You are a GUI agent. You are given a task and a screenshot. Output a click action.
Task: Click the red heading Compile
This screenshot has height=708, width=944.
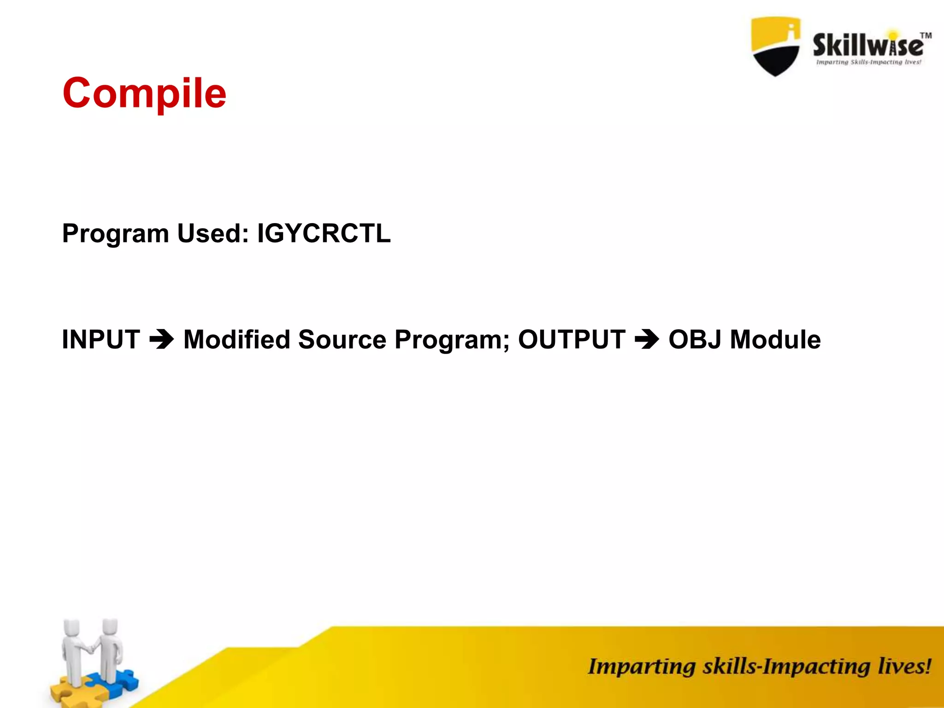coord(144,93)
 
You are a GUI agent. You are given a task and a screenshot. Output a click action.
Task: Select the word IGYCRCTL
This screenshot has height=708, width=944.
coord(324,233)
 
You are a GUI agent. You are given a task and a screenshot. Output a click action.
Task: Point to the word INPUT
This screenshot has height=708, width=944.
coord(101,340)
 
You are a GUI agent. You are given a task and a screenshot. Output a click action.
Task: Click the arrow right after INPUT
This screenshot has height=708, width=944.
coord(162,340)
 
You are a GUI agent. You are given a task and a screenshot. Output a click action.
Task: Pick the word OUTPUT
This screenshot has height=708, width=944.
coord(572,340)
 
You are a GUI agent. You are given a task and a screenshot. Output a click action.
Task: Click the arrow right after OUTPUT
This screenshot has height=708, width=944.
coord(647,340)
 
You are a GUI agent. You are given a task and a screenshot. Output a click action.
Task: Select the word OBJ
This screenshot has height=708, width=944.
coord(695,340)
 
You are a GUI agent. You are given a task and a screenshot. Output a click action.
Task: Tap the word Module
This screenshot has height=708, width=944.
coord(775,340)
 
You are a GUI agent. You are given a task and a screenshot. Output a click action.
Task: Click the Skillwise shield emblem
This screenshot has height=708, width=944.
coord(775,46)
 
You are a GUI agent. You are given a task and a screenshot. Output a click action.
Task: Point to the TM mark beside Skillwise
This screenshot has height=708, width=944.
coord(926,35)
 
